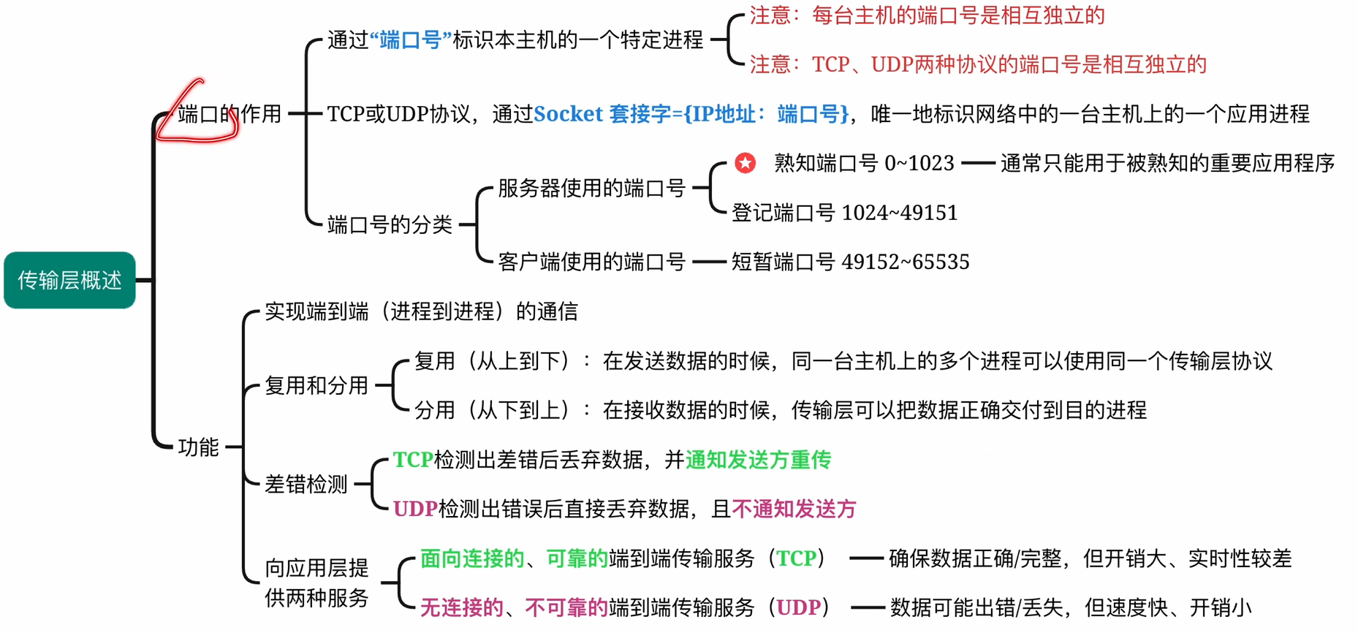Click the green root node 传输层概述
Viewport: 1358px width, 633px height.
tap(69, 280)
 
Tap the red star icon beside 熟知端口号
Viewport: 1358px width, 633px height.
tap(745, 163)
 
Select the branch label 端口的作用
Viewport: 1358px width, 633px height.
tap(230, 114)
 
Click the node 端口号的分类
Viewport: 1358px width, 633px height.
tap(390, 224)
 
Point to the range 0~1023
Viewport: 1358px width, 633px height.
tap(919, 163)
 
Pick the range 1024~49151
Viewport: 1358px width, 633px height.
tap(900, 213)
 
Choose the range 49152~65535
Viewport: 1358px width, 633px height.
tap(906, 262)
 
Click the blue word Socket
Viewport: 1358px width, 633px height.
tap(568, 114)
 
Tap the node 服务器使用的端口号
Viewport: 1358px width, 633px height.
tap(591, 189)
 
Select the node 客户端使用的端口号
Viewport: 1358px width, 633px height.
tap(591, 262)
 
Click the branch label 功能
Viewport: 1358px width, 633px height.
tap(198, 447)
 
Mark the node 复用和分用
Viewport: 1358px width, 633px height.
tap(316, 385)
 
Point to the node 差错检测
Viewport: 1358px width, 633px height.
tap(306, 484)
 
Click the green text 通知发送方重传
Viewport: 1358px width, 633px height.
tap(758, 460)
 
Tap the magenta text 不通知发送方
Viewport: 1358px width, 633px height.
tap(794, 509)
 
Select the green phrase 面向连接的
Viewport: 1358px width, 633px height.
tap(472, 558)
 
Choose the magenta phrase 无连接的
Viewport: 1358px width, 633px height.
tap(462, 607)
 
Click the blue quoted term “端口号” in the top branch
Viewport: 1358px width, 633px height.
tap(411, 39)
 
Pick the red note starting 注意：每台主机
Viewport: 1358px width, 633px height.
tap(927, 15)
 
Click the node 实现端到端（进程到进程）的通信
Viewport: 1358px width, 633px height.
tap(421, 311)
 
